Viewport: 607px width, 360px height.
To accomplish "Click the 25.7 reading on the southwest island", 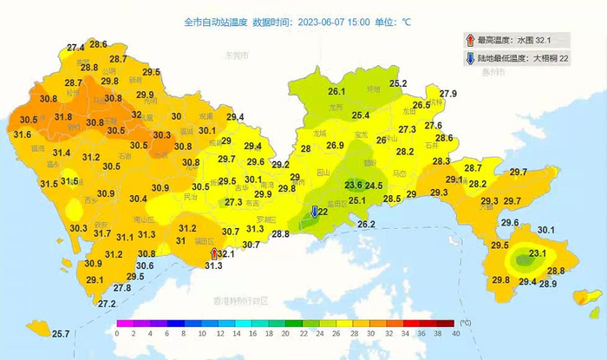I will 60,334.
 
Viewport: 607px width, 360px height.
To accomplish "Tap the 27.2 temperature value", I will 107,304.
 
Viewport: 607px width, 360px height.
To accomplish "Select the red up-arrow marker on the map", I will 214,253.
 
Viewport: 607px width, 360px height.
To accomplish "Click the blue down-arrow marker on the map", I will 315,212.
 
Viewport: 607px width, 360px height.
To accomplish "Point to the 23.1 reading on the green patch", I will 538,252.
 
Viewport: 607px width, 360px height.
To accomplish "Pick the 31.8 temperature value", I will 63,116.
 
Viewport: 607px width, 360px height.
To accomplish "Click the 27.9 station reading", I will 447,94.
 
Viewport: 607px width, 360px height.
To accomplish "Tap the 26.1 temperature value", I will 336,91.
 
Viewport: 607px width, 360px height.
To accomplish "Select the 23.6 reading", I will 354,185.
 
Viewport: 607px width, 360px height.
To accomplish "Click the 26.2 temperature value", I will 366,225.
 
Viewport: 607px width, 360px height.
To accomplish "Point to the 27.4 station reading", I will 75,47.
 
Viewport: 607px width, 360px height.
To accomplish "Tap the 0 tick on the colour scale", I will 117,333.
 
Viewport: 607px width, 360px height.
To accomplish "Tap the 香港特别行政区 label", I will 241,300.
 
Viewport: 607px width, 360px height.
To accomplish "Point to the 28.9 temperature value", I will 548,284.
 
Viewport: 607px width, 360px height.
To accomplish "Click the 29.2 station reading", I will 280,165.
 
